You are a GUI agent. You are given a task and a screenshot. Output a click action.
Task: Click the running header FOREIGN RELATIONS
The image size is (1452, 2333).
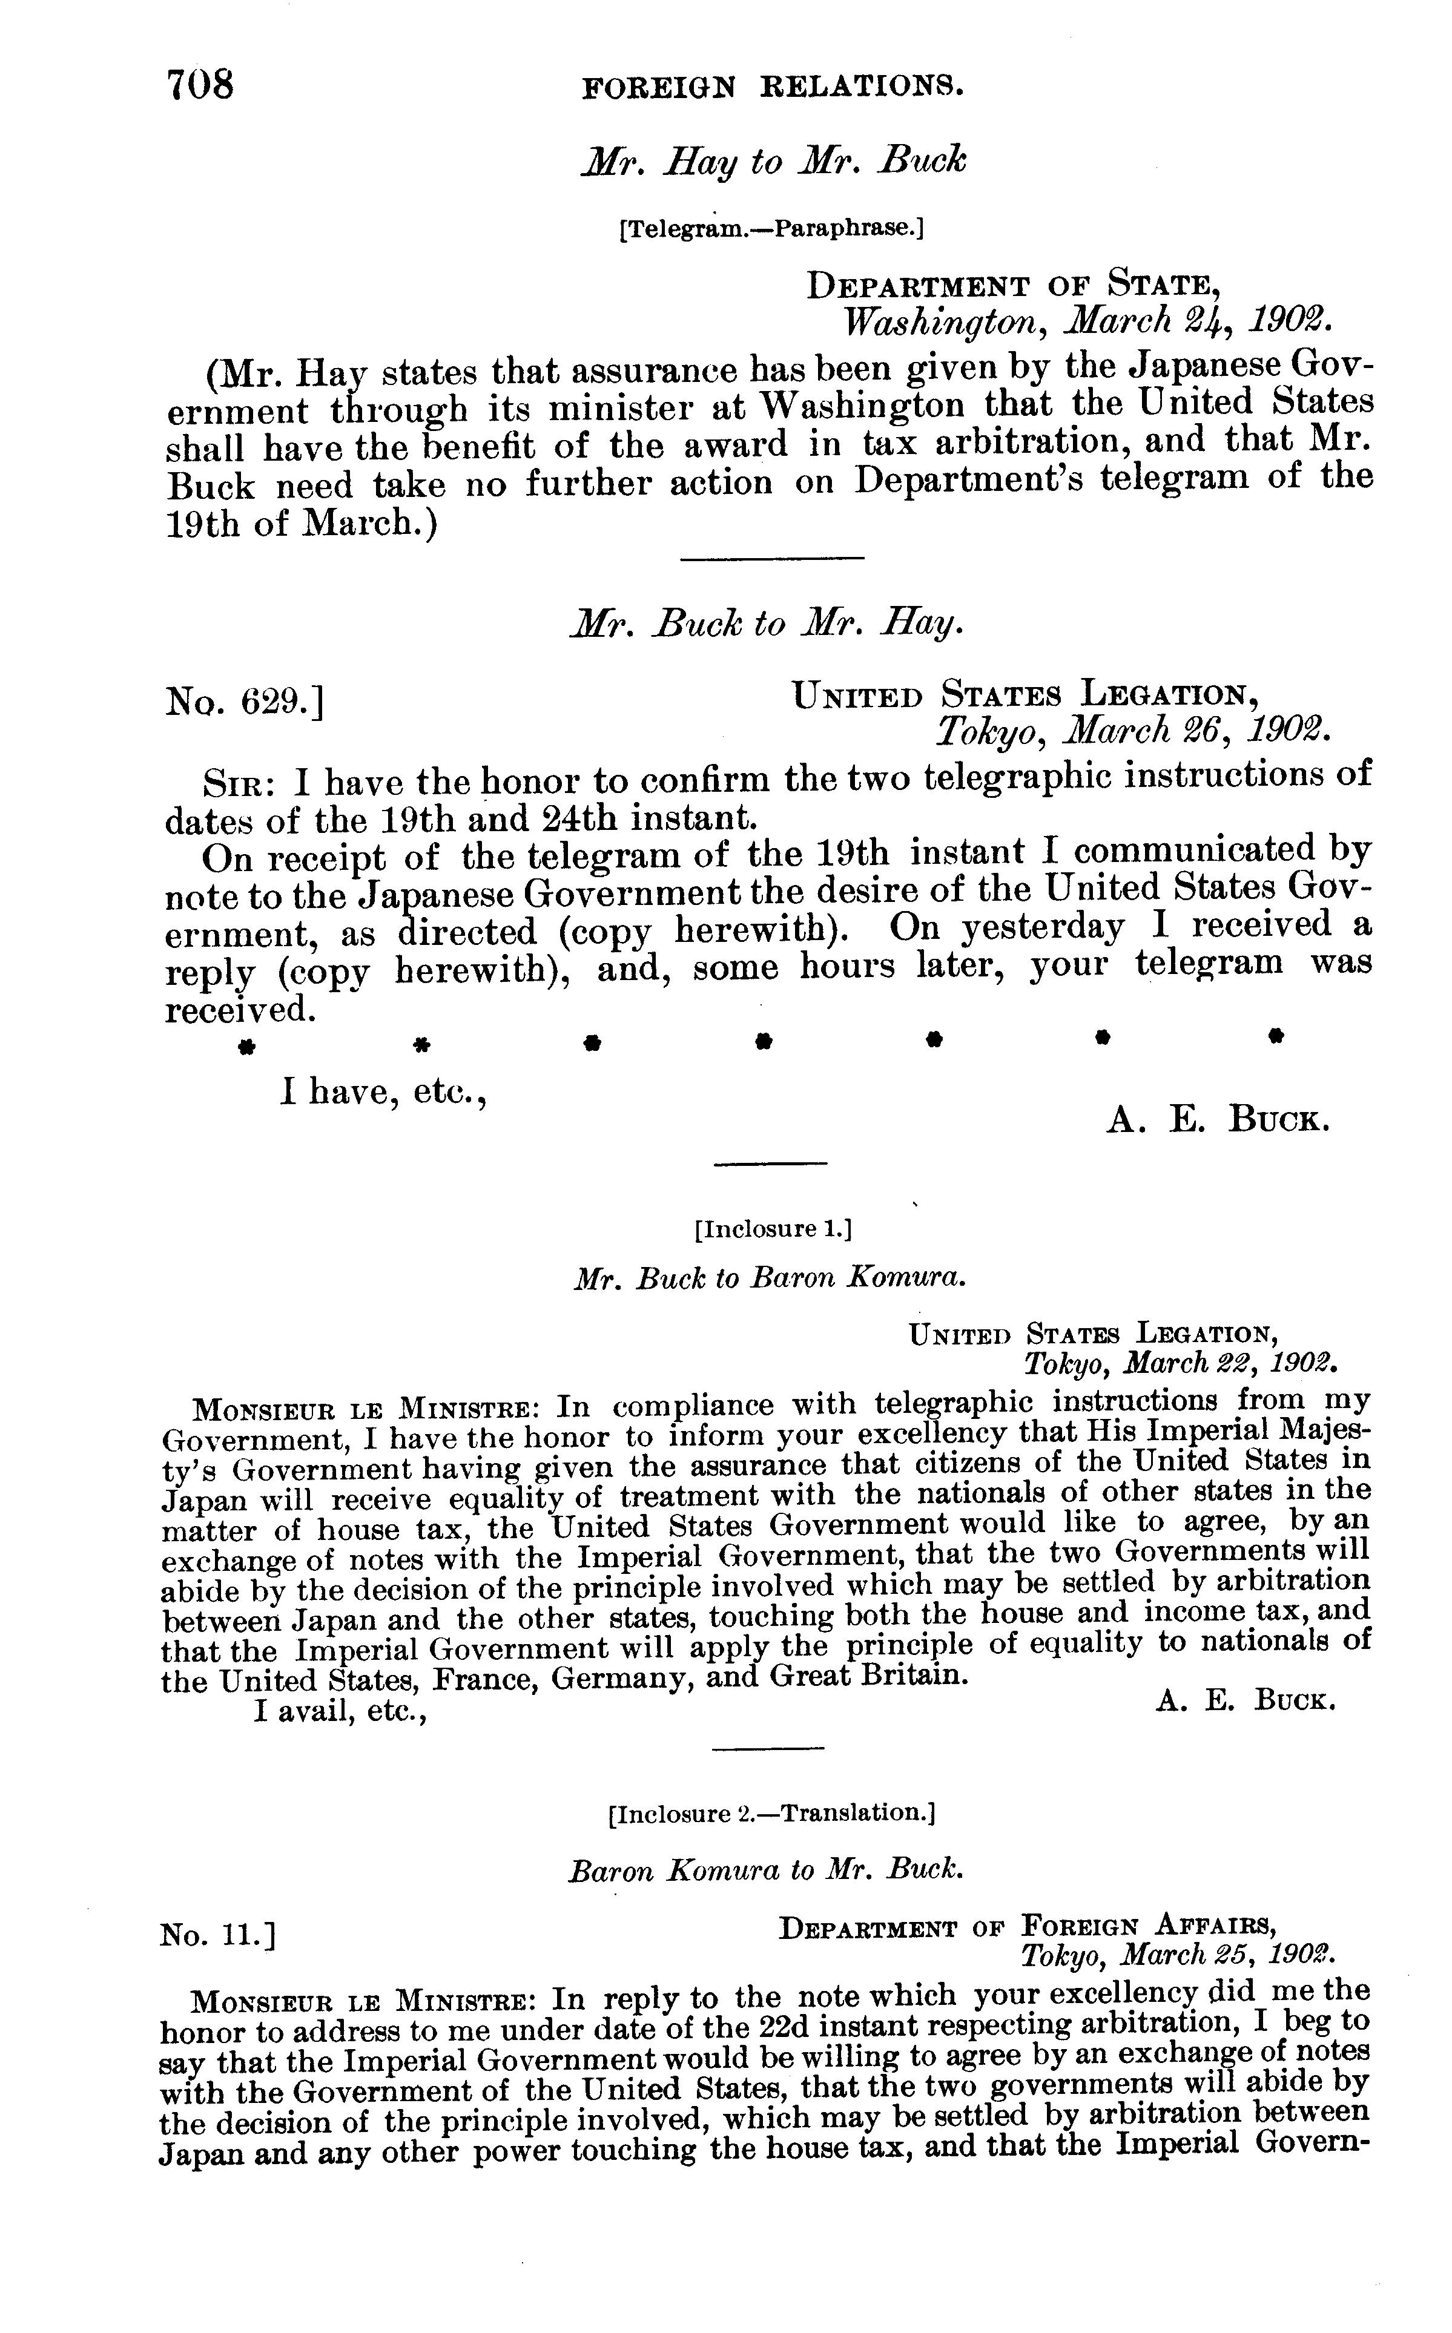point(773,88)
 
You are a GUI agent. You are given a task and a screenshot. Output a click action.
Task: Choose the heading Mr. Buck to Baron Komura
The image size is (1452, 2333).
point(769,1278)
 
